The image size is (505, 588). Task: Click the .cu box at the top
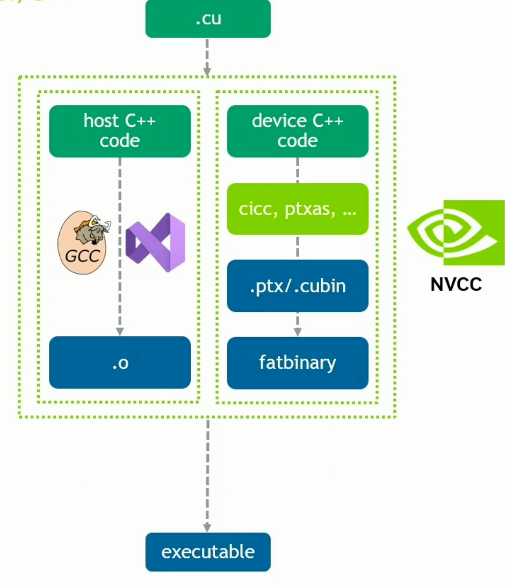[207, 20]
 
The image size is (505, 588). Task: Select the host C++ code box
[119, 131]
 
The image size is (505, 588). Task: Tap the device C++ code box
[298, 131]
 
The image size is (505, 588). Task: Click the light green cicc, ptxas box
[298, 209]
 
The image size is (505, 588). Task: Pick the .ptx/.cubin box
[298, 285]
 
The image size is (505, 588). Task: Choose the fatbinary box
[298, 363]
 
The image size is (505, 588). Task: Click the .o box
[119, 363]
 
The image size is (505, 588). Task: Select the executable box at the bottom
[207, 552]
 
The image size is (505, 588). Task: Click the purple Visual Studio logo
[155, 242]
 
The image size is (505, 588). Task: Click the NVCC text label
[456, 284]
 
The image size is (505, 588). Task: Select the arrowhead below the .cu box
[207, 70]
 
